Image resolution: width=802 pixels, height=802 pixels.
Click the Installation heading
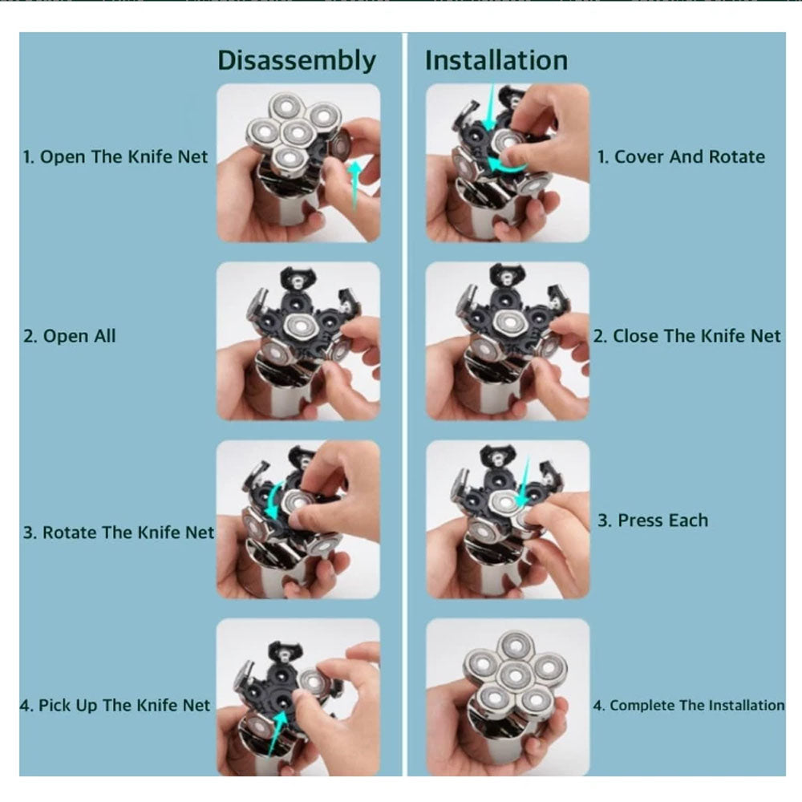(x=496, y=60)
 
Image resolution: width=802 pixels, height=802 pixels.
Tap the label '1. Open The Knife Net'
(x=115, y=156)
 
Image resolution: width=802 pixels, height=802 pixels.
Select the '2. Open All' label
(x=70, y=336)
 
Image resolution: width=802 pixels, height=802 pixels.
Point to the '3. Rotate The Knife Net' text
(x=118, y=533)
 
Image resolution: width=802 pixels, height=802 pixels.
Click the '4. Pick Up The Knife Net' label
(x=115, y=705)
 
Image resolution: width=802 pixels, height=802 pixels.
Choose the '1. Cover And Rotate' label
(x=681, y=156)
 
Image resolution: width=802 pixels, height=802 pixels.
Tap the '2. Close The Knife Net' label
(x=687, y=336)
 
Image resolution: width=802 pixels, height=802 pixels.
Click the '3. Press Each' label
(x=653, y=520)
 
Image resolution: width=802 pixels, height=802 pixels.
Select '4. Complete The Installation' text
(x=688, y=705)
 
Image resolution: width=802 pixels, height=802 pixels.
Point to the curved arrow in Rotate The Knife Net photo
(x=271, y=501)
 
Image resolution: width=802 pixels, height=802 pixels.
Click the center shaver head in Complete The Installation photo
(x=515, y=675)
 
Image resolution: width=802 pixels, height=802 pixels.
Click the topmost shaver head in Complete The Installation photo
(x=515, y=646)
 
